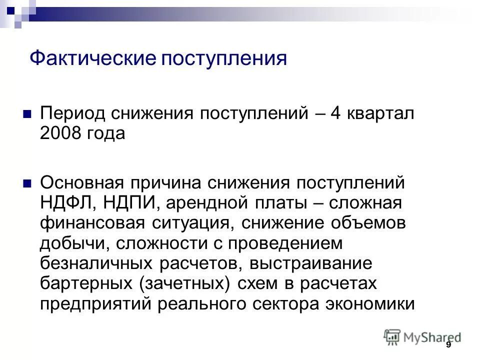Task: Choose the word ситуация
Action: pos(183,223)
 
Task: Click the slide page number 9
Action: pos(448,344)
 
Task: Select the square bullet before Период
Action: pos(28,113)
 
